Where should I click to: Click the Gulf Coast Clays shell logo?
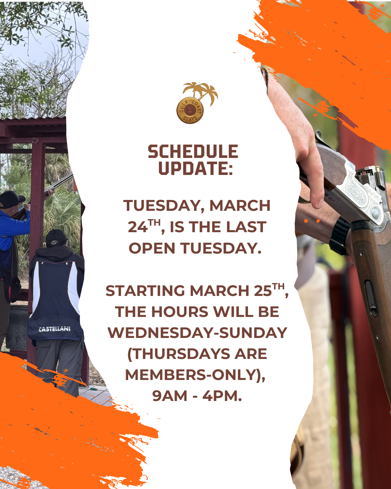coord(190,110)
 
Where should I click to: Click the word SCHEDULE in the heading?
coord(193,151)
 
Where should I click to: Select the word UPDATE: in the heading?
coord(196,168)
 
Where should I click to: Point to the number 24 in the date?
coord(138,227)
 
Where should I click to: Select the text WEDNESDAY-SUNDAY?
coord(197,333)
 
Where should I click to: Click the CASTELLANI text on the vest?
coord(55,329)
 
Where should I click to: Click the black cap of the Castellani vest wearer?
coord(56,238)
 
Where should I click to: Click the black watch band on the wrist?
coord(339,236)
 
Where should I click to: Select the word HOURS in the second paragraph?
coord(180,312)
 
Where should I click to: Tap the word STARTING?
coord(146,291)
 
